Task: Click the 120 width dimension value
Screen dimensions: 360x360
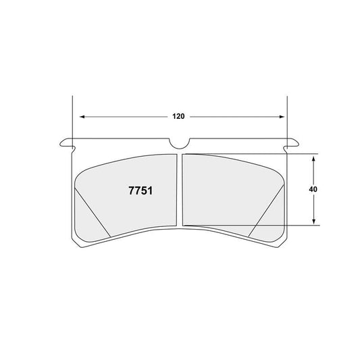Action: pyautogui.click(x=178, y=116)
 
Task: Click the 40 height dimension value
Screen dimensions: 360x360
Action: pyautogui.click(x=313, y=190)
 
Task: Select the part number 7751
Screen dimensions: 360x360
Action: pyautogui.click(x=140, y=190)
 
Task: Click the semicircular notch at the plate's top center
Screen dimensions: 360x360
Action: pyautogui.click(x=180, y=143)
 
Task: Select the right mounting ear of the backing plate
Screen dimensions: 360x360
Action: pyautogui.click(x=294, y=142)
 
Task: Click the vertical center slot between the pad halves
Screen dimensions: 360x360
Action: pyautogui.click(x=180, y=189)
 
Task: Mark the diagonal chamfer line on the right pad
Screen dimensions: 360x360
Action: pyautogui.click(x=265, y=211)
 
